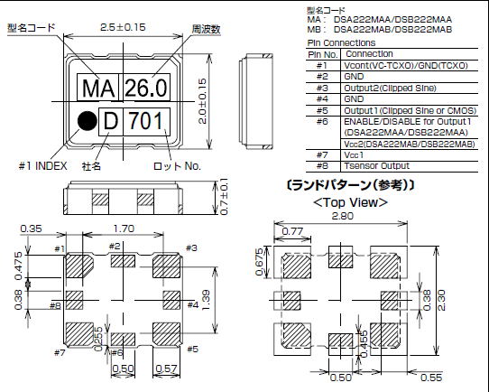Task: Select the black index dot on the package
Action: (x=86, y=118)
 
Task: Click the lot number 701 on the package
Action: (x=145, y=119)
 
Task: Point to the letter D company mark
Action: (x=112, y=119)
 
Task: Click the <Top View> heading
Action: (x=349, y=201)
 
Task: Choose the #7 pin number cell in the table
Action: (x=322, y=154)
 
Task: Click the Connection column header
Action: (x=369, y=54)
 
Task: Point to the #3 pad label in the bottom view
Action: (x=190, y=247)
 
